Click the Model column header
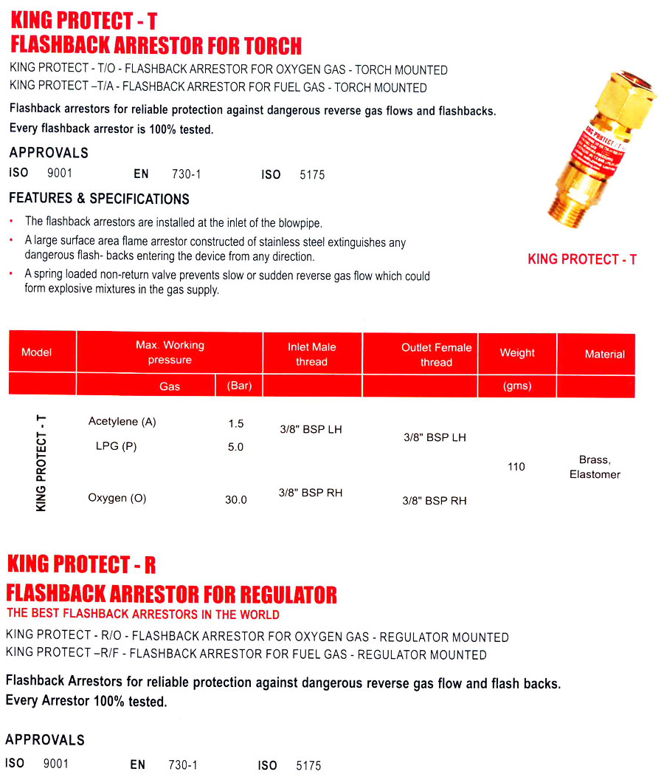point(36,352)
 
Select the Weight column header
point(517,353)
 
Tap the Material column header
point(604,355)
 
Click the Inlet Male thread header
point(311,354)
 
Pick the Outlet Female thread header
point(436,355)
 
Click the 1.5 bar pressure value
point(236,424)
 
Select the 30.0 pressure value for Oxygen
point(236,500)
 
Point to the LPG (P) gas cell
point(116,446)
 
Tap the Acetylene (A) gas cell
point(122,422)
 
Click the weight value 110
point(516,467)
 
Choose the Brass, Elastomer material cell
point(595,467)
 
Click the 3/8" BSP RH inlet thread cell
point(311,493)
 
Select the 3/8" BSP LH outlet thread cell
point(435,437)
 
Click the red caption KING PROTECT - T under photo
point(582,259)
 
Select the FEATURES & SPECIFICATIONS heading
point(99,199)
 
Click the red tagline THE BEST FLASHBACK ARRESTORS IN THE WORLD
point(143,614)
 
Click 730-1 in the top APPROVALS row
point(186,175)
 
